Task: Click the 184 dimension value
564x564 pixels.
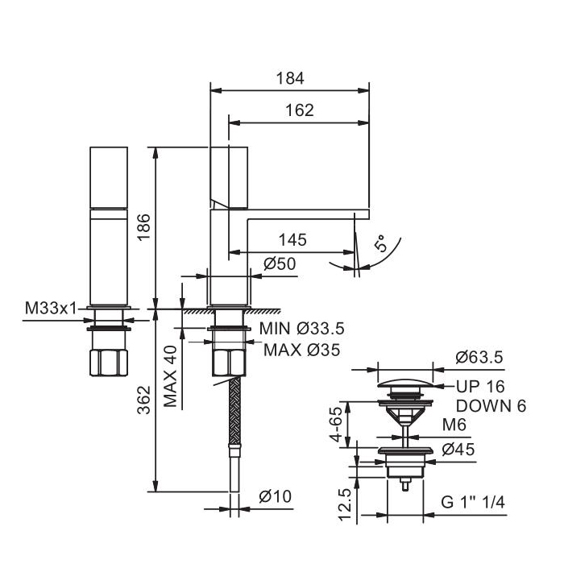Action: tap(290, 78)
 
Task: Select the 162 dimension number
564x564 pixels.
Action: tap(299, 110)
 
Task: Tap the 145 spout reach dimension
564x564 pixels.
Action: tap(292, 239)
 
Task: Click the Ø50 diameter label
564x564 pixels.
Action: tap(280, 263)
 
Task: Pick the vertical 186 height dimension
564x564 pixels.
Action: tap(144, 227)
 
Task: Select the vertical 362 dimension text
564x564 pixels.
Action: tap(144, 400)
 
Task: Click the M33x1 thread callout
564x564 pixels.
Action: tap(51, 308)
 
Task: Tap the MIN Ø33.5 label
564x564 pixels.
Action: tap(302, 328)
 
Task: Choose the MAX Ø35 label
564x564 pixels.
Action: tap(302, 350)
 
